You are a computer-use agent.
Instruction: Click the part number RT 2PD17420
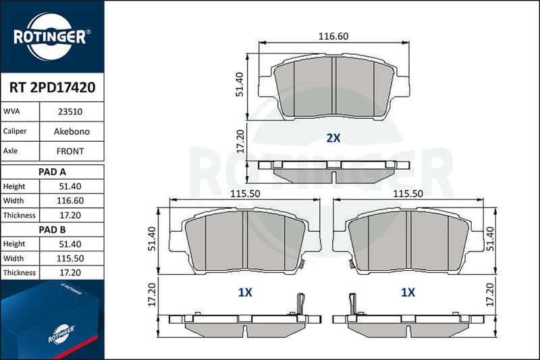(x=53, y=88)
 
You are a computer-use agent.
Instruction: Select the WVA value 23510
(x=70, y=111)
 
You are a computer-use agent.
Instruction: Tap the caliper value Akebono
(x=72, y=132)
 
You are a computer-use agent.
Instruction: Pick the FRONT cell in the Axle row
(x=70, y=151)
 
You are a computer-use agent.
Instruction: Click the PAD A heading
(x=53, y=172)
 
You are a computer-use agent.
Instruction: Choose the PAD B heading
(x=53, y=230)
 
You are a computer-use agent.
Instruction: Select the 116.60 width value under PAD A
(x=70, y=201)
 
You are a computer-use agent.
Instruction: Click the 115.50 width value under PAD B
(x=70, y=259)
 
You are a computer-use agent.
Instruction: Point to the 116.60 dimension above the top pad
(x=333, y=36)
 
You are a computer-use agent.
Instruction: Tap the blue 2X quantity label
(x=333, y=138)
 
